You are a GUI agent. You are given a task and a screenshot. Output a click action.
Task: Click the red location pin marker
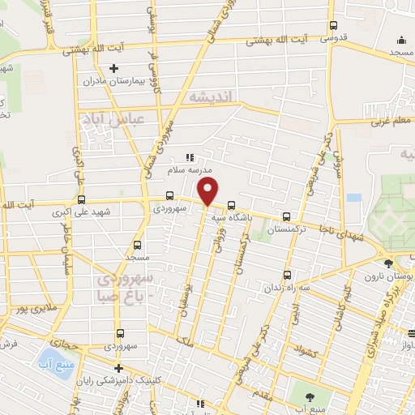pyautogui.click(x=208, y=192)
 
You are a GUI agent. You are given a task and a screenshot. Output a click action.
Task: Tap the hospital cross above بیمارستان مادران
pyautogui.click(x=114, y=67)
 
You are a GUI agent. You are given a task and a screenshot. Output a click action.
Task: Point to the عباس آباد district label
pyautogui.click(x=113, y=119)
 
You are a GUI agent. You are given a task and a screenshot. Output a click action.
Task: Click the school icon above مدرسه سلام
pyautogui.click(x=190, y=157)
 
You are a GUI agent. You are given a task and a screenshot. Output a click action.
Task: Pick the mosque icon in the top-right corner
pyautogui.click(x=402, y=41)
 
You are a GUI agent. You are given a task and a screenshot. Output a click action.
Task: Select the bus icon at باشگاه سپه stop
pyautogui.click(x=233, y=205)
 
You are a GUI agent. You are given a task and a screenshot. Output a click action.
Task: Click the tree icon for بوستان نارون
pyautogui.click(x=388, y=263)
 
